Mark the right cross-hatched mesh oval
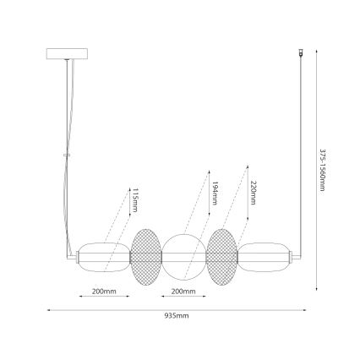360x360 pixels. coord(221,254)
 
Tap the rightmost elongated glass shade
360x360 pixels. coord(265,254)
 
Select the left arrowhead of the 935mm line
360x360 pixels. coord(47,309)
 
